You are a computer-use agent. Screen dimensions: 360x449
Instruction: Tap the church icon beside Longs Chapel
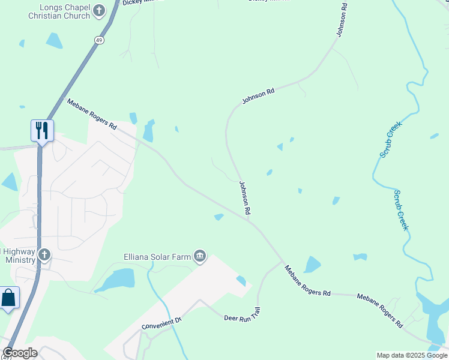(x=99, y=10)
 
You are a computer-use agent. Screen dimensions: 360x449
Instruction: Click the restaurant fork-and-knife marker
(x=42, y=130)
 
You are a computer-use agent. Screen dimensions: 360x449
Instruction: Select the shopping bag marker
(x=9, y=298)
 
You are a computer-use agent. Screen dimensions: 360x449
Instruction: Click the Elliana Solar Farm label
(x=157, y=257)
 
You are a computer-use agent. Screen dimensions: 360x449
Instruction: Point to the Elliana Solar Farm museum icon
(x=200, y=257)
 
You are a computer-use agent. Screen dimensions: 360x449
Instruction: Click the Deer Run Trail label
(x=243, y=316)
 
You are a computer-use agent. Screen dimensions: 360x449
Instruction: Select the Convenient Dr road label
(x=161, y=323)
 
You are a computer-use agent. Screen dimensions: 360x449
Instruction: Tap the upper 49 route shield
(x=98, y=39)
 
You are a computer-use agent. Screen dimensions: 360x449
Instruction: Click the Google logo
(x=20, y=353)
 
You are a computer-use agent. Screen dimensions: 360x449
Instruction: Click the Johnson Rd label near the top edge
(x=341, y=20)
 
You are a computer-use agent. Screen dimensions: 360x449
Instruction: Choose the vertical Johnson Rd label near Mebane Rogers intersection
(x=244, y=199)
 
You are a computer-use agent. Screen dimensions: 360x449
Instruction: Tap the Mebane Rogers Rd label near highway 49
(x=91, y=113)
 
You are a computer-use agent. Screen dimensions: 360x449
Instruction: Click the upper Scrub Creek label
(x=390, y=139)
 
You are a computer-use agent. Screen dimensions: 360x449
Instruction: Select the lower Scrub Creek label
(x=401, y=210)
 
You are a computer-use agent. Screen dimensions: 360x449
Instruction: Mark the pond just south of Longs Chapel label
(x=55, y=40)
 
